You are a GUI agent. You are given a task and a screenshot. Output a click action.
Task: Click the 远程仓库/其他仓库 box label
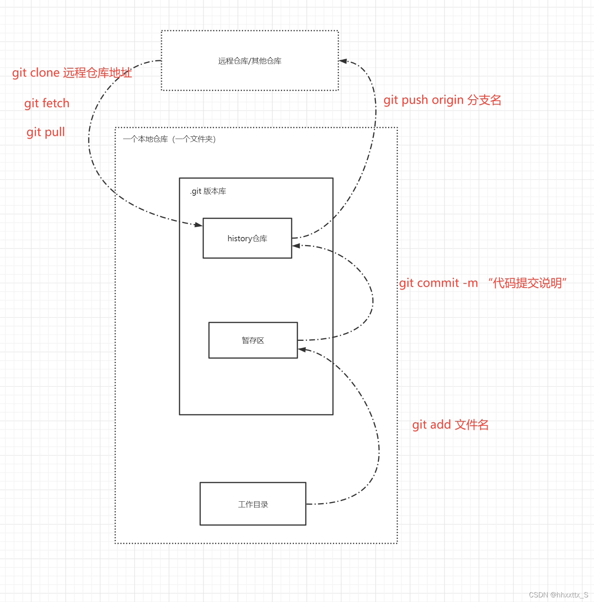pos(250,61)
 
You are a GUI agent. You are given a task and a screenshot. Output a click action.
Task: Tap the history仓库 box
pos(247,238)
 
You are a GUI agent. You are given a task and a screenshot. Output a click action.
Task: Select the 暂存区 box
pos(253,340)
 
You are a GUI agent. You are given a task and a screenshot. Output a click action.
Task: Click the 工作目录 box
pos(253,504)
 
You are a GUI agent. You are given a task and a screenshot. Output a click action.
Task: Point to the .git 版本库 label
pos(208,191)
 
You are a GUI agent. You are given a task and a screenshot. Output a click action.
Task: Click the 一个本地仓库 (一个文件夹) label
pos(169,139)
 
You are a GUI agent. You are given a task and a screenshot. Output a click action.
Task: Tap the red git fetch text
pos(47,103)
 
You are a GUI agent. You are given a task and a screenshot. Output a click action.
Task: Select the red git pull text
pos(46,132)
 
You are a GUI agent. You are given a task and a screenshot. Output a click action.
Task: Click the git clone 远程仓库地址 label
pos(72,73)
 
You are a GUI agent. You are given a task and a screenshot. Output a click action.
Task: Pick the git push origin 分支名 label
pos(442,100)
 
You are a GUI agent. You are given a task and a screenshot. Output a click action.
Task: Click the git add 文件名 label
pos(450,425)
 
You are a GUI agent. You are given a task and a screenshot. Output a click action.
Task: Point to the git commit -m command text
pos(438,283)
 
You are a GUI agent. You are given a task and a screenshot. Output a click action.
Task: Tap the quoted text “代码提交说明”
pos(527,283)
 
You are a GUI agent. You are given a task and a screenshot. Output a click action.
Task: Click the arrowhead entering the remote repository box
pos(343,61)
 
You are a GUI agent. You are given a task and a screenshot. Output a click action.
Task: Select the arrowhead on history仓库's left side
pos(199,225)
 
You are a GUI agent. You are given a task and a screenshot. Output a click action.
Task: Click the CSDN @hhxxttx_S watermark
pos(558,595)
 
